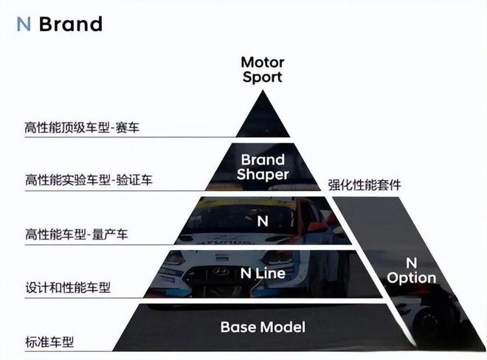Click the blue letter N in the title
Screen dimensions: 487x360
[24, 24]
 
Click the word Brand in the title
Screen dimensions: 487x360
[71, 24]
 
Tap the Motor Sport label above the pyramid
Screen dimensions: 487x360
[263, 70]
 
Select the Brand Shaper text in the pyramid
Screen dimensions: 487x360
[263, 167]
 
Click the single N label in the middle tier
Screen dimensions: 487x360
[263, 221]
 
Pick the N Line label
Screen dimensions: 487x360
[263, 274]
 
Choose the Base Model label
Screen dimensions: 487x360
[263, 327]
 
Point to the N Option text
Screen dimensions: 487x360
[411, 271]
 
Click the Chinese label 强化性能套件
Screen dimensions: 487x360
[365, 185]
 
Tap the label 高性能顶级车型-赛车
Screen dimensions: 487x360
[82, 128]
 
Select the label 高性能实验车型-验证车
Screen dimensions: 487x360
[89, 180]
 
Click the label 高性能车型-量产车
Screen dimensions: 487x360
[77, 234]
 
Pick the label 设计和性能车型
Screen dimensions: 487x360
[68, 287]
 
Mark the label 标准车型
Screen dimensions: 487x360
[49, 342]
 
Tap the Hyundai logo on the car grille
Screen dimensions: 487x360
[221, 271]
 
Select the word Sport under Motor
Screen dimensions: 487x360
[263, 77]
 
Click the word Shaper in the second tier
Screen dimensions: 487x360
[263, 174]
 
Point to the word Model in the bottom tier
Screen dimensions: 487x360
[283, 327]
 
